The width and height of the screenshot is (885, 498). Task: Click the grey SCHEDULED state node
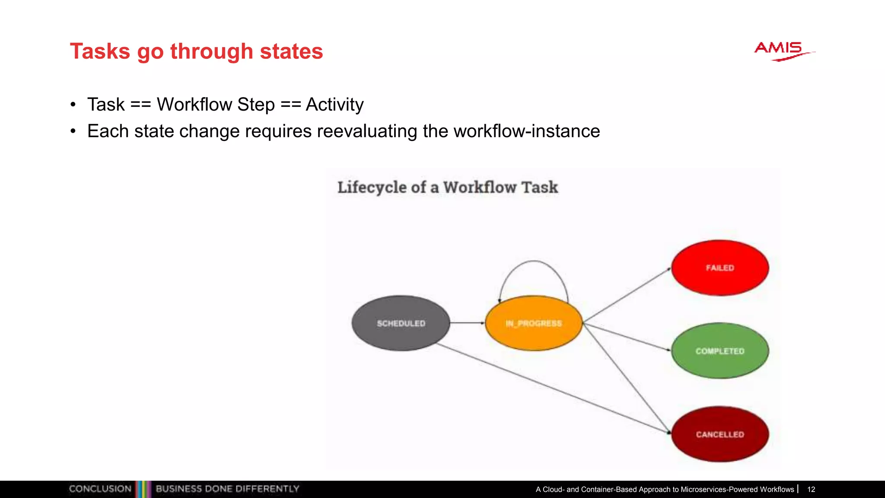[401, 323]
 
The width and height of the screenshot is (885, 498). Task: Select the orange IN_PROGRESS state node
[534, 323]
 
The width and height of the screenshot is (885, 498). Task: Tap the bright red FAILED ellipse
[720, 268]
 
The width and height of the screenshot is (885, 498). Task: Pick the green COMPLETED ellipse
[720, 351]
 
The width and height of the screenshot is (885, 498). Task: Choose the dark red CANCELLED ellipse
[720, 434]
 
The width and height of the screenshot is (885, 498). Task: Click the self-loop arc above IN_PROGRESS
[534, 261]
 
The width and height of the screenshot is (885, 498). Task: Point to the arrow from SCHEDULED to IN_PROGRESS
[467, 322]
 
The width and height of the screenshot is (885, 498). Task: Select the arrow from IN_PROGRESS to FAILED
[627, 295]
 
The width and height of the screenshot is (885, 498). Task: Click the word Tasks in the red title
[100, 51]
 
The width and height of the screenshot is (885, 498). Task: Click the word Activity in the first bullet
[334, 105]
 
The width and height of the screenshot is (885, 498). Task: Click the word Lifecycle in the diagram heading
[372, 187]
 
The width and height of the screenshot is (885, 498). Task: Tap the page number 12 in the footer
[811, 489]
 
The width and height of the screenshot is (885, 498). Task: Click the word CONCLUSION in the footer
[100, 489]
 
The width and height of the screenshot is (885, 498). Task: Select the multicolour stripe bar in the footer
[143, 489]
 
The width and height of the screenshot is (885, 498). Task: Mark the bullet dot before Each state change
[73, 131]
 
